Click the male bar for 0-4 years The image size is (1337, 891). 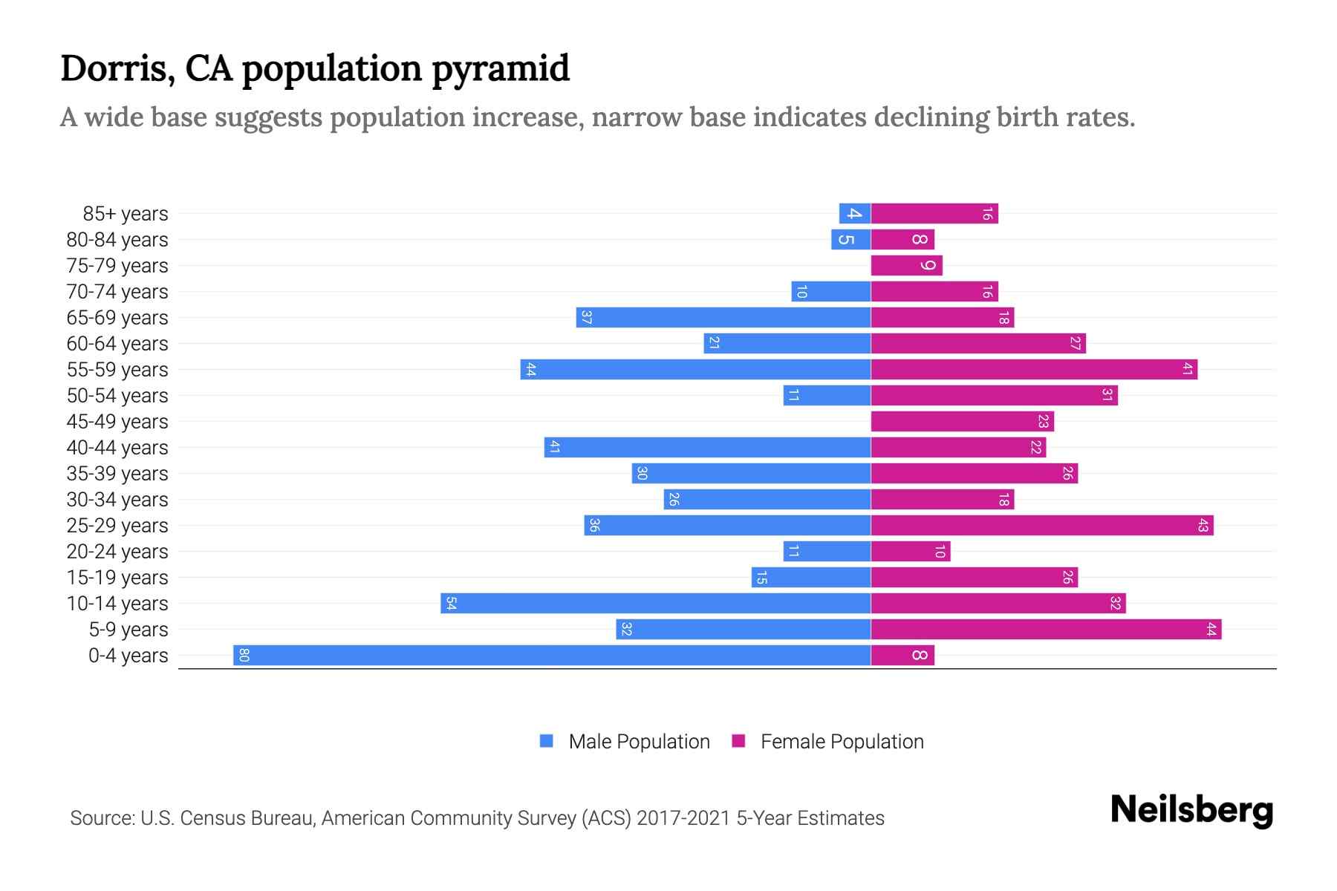point(551,655)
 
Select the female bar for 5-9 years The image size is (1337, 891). point(1046,629)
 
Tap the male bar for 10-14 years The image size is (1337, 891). point(655,603)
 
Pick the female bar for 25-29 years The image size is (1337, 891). point(1041,525)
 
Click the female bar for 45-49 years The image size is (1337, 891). point(962,421)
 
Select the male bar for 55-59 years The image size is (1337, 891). point(695,369)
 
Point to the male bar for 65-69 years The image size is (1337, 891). point(723,317)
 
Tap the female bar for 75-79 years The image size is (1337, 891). point(906,265)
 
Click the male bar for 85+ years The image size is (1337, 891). point(854,213)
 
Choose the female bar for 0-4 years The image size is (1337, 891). point(902,655)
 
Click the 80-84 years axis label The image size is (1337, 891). point(117,240)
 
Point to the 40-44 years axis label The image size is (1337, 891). point(117,448)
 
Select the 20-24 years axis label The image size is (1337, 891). point(117,552)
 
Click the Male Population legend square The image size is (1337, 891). point(547,741)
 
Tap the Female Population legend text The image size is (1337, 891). point(842,741)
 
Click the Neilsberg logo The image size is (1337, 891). point(1191,809)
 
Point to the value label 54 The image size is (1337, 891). point(451,603)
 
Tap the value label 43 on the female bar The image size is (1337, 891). point(1203,525)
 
